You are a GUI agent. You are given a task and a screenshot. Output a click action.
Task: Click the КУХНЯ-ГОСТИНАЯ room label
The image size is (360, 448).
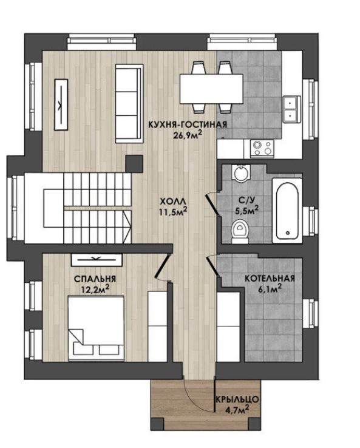[188, 124]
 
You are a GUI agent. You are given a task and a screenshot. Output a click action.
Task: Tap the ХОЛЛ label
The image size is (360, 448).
[171, 202]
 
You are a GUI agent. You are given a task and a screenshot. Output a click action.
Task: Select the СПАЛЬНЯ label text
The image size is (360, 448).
[95, 279]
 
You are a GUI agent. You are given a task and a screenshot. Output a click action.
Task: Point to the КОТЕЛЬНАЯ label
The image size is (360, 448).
[270, 278]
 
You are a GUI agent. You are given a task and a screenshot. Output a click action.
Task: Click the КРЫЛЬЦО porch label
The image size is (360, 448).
[237, 399]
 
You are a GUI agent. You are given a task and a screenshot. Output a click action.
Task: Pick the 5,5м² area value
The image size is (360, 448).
[247, 210]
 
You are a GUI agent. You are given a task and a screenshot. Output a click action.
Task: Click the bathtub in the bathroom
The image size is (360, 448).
[287, 211]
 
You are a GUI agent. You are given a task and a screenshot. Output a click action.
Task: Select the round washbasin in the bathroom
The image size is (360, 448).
[240, 172]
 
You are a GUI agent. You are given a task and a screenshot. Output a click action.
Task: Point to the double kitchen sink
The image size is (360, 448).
[292, 109]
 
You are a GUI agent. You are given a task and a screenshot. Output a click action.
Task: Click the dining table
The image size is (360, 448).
[211, 89]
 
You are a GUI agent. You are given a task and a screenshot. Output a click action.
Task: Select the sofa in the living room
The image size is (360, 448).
[129, 103]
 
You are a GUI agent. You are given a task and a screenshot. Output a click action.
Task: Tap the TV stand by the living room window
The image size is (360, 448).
[61, 104]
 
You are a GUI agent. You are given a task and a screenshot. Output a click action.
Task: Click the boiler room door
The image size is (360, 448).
[213, 266]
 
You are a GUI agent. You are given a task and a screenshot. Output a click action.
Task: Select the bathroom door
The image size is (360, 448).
[212, 204]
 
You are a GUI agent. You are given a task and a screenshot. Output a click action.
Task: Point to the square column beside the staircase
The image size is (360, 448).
[134, 164]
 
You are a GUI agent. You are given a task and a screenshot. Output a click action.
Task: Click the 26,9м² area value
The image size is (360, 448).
[188, 134]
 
